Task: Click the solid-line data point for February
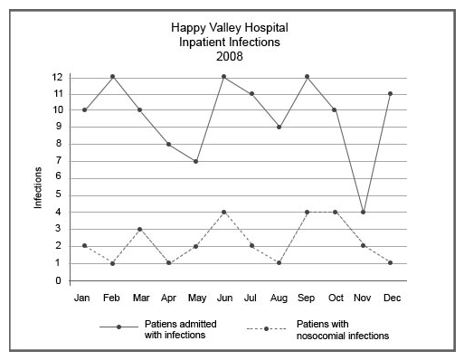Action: click(x=112, y=76)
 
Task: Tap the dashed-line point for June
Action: click(x=224, y=212)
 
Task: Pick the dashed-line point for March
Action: click(x=140, y=229)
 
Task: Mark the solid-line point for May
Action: click(x=196, y=161)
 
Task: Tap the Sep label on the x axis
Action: click(x=308, y=297)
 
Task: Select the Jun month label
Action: click(x=224, y=297)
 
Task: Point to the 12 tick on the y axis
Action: click(x=57, y=76)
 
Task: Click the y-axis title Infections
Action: click(x=39, y=187)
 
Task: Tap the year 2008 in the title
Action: click(x=230, y=56)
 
